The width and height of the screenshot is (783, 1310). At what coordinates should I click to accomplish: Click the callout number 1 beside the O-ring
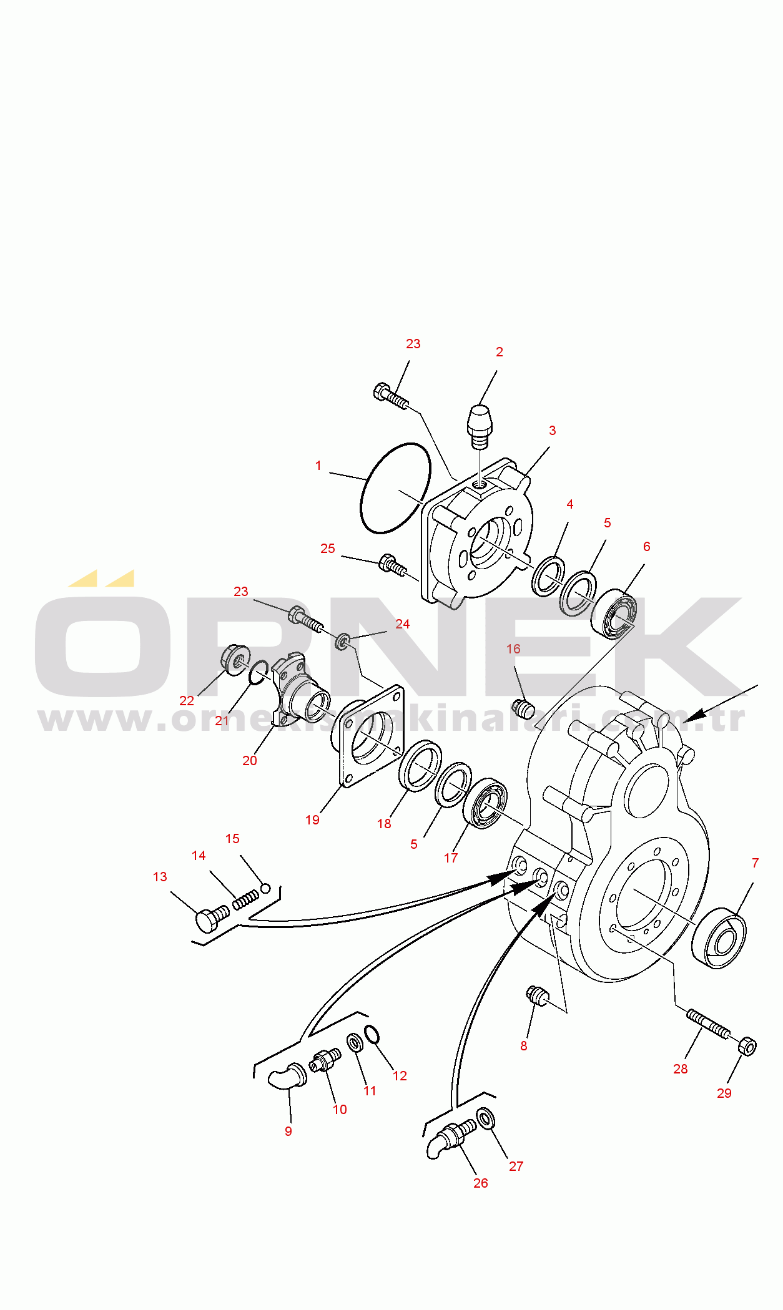[x=318, y=466]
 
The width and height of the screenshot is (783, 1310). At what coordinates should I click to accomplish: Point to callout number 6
[x=647, y=547]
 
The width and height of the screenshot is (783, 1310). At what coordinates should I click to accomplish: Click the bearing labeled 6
[x=614, y=615]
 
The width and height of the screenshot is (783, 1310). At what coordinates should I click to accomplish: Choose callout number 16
[x=513, y=649]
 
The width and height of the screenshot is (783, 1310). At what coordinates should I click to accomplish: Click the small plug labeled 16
[x=523, y=708]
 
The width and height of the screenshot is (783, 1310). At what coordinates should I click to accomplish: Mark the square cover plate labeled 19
[x=371, y=736]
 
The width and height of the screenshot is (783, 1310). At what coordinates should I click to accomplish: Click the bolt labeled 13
[x=212, y=919]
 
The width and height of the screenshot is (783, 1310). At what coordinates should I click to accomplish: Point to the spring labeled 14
[x=245, y=899]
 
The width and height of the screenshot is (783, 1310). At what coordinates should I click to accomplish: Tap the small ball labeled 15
[x=265, y=888]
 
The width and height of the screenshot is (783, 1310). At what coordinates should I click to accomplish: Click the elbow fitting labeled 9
[x=287, y=1077]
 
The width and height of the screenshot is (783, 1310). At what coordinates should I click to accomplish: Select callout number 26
[x=481, y=1183]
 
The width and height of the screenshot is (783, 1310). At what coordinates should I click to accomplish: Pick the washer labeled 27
[x=485, y=1118]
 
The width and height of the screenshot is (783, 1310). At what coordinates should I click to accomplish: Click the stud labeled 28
[x=708, y=1024]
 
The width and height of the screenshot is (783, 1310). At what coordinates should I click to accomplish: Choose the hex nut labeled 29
[x=747, y=1046]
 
